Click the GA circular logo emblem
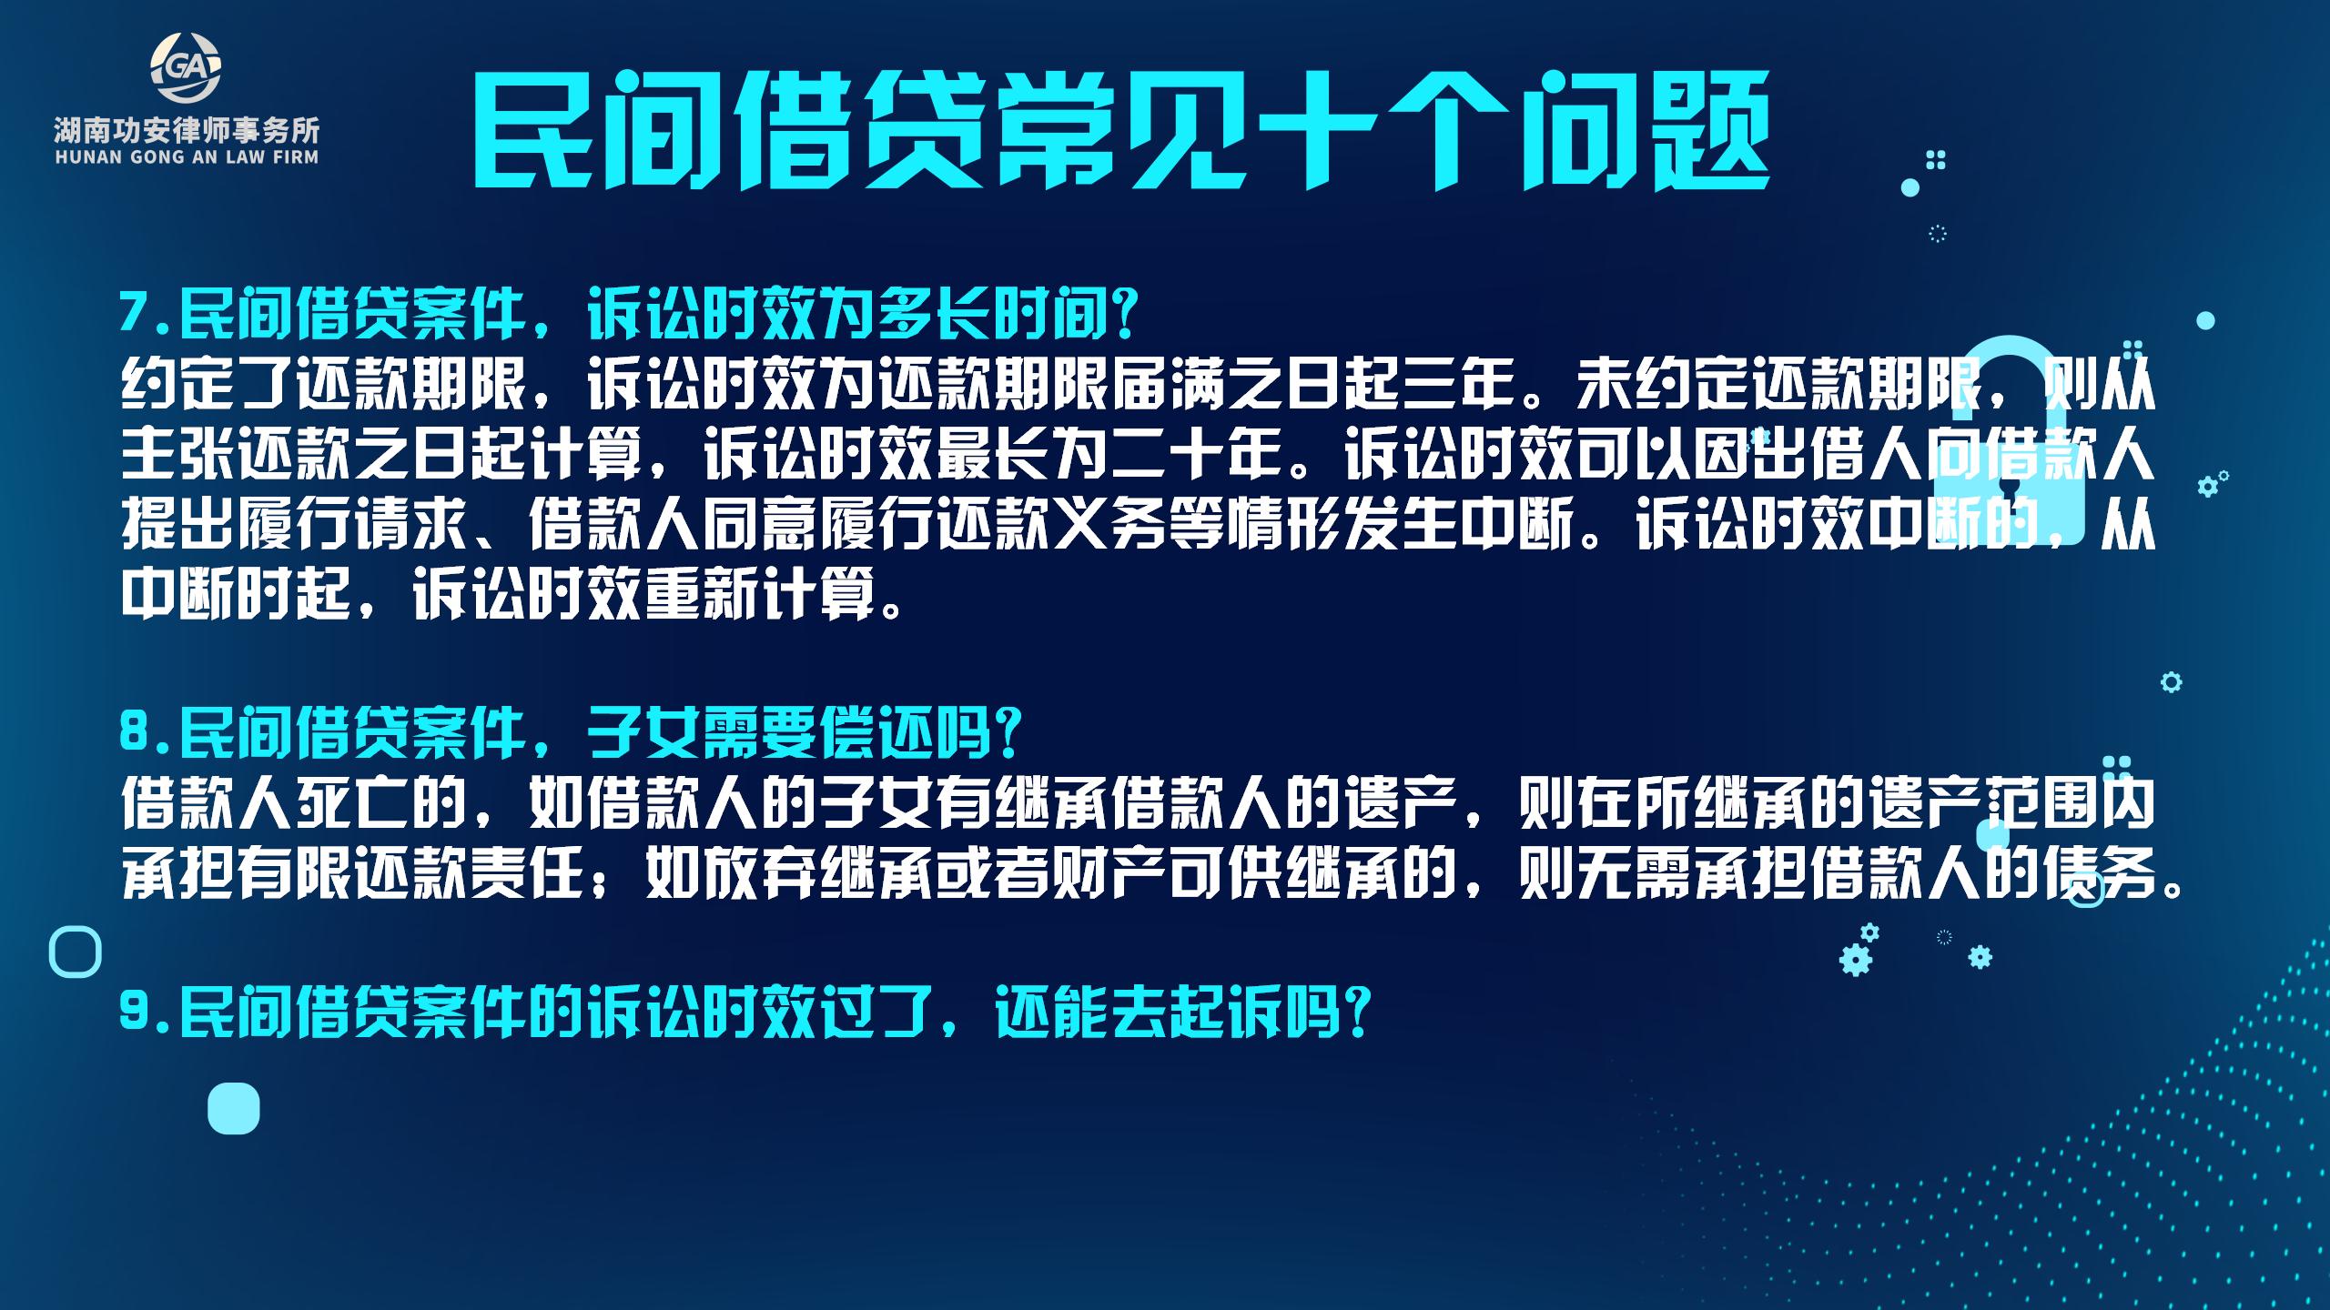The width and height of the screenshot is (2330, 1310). pos(187,69)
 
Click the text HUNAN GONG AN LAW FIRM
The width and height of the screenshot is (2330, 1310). pos(187,157)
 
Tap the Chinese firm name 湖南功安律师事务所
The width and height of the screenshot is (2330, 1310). pos(187,130)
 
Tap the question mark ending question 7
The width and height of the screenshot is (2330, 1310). pos(1125,315)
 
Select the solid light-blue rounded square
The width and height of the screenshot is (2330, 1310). pos(234,1109)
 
